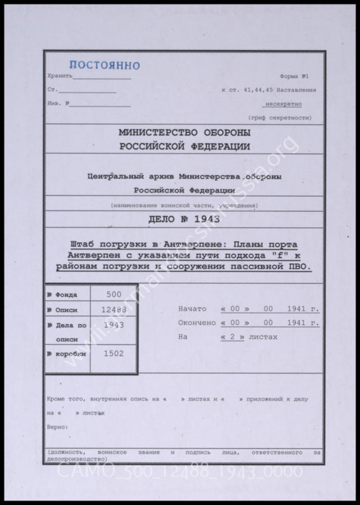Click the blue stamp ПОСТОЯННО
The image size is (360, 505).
click(x=105, y=65)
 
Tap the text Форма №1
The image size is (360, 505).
click(x=294, y=76)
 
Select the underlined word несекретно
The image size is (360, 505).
click(x=283, y=104)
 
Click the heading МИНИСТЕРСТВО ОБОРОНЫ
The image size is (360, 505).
click(x=184, y=133)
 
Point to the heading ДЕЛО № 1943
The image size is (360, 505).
click(x=184, y=219)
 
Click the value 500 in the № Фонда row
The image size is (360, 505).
click(x=114, y=294)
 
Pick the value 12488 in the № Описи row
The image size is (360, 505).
click(x=114, y=310)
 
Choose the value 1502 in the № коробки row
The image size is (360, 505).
click(x=114, y=354)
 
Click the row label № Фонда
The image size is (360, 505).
click(x=62, y=295)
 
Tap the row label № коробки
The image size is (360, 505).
click(x=67, y=354)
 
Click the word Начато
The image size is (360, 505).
click(x=192, y=309)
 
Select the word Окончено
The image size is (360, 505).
click(x=197, y=323)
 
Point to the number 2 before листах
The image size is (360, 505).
click(x=232, y=337)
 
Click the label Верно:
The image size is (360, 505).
click(x=57, y=427)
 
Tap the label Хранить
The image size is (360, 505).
click(x=60, y=76)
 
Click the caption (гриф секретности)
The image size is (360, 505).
click(x=280, y=118)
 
